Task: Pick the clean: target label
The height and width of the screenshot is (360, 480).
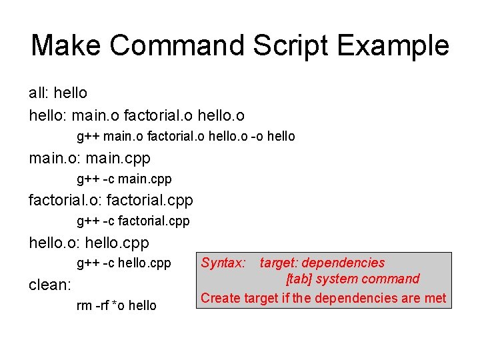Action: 50,285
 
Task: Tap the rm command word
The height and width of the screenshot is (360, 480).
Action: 85,305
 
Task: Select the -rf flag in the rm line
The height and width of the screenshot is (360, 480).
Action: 104,305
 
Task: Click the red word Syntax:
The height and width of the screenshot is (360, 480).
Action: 223,263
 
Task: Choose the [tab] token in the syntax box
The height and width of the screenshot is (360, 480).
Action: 301,279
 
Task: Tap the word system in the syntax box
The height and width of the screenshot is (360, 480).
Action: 338,279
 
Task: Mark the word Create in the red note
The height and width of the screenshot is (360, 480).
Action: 221,297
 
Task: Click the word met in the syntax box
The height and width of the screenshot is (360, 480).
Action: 434,297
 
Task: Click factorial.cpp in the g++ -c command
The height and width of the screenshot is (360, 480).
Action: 154,221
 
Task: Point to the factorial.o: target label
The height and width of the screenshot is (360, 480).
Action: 65,199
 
